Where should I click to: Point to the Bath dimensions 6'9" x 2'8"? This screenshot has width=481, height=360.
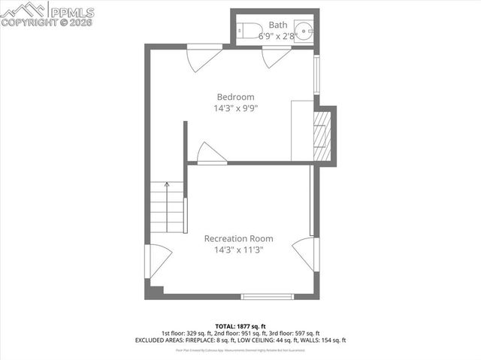click(278, 35)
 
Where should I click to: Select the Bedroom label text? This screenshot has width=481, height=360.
click(235, 97)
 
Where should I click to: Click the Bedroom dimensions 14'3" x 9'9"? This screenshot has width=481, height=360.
click(235, 108)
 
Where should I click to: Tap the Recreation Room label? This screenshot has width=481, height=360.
click(234, 238)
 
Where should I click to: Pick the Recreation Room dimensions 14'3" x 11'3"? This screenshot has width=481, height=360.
click(234, 250)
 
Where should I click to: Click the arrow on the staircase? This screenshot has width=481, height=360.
click(167, 185)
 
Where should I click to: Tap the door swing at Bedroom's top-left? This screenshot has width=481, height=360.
click(202, 59)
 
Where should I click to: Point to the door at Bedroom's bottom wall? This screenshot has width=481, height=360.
click(210, 153)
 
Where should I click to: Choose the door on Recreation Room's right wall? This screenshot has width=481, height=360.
click(306, 253)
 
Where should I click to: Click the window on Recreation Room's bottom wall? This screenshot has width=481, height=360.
click(267, 296)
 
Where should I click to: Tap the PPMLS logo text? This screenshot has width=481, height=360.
click(71, 11)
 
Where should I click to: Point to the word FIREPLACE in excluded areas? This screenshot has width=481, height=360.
click(193, 340)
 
